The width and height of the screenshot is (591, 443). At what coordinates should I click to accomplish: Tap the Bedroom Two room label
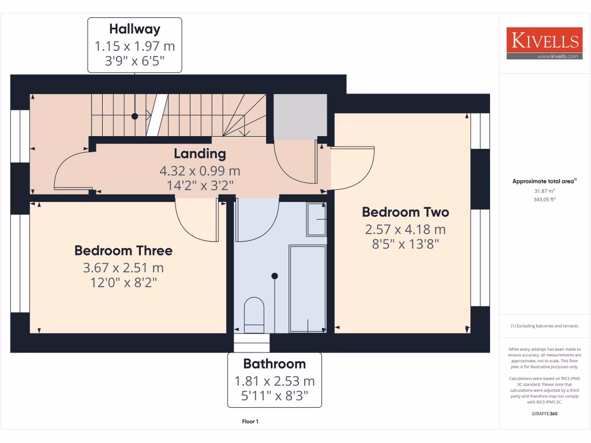point(405,212)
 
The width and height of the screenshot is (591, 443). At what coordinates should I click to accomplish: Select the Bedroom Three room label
point(123,250)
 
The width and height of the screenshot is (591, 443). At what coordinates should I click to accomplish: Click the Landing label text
point(200,153)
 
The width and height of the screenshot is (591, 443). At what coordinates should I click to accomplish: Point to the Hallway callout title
point(134,28)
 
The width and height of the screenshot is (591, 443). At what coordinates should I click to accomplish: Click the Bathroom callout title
point(274,363)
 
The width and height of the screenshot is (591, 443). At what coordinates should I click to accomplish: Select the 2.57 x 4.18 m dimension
point(405,230)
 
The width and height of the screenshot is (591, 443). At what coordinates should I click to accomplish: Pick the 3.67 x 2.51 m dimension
point(123,268)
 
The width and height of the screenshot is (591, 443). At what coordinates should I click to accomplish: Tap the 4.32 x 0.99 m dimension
point(200,171)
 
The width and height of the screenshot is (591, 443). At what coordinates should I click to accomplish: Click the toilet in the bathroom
point(254,314)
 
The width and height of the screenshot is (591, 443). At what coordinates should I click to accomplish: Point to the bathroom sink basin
point(316,219)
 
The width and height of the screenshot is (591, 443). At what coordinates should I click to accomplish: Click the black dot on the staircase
point(134,116)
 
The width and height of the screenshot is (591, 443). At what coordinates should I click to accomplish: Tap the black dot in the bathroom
point(275,276)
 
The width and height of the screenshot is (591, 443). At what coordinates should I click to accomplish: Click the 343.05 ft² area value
point(544,199)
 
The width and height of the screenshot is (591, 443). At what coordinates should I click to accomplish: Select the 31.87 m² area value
point(544,190)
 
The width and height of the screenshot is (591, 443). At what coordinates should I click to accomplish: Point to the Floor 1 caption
point(250,422)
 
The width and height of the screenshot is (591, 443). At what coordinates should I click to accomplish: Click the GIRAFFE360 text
point(544,414)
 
